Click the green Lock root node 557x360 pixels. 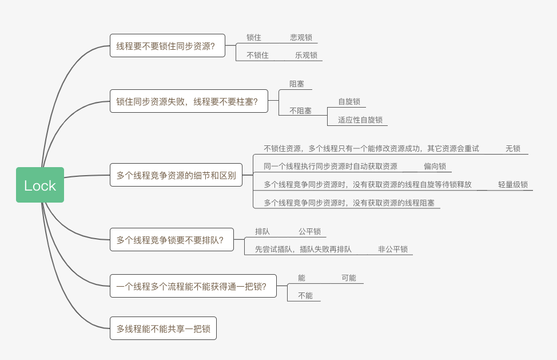pyautogui.click(x=40, y=185)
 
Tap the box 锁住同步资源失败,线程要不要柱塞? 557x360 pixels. pyautogui.click(x=189, y=101)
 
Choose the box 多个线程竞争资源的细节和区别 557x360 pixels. pyautogui.click(x=176, y=175)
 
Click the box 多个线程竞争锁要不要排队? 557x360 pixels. pyautogui.click(x=170, y=239)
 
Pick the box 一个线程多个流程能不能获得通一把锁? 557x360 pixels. pyautogui.click(x=192, y=286)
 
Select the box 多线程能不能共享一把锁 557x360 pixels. pyautogui.click(x=163, y=329)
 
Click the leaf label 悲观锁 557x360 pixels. pyautogui.click(x=301, y=37)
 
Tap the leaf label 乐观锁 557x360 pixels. pyautogui.click(x=306, y=56)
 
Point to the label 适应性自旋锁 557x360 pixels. pyautogui.click(x=360, y=120)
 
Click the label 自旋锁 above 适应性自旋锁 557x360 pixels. pyautogui.click(x=349, y=102)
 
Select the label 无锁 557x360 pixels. pyautogui.click(x=513, y=148)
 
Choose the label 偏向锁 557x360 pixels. pyautogui.click(x=435, y=167)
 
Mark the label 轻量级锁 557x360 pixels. pyautogui.click(x=513, y=185)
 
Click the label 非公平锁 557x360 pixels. pyautogui.click(x=393, y=249)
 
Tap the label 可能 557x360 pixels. pyautogui.click(x=349, y=278)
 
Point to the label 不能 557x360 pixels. pyautogui.click(x=305, y=296)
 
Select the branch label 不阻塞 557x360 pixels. pyautogui.click(x=300, y=111)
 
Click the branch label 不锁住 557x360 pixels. pyautogui.click(x=257, y=56)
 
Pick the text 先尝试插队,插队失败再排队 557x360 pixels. pyautogui.click(x=303, y=249)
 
